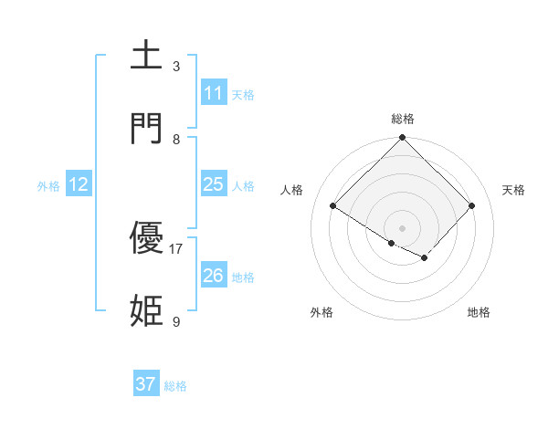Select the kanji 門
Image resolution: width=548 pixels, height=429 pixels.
[x=147, y=128]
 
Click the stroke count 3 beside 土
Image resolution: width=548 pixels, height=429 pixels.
[x=176, y=67]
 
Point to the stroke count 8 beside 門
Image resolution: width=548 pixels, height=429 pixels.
[x=176, y=139]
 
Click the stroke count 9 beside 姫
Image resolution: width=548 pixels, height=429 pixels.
[x=176, y=321]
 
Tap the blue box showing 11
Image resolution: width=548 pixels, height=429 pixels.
[x=213, y=93]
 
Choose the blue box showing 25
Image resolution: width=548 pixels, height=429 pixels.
[x=213, y=184]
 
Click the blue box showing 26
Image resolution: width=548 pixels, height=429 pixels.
[x=213, y=275]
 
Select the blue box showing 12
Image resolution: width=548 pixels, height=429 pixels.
[x=79, y=184]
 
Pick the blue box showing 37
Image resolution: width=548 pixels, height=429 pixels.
[x=146, y=384]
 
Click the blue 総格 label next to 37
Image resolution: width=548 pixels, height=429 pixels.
[x=175, y=386]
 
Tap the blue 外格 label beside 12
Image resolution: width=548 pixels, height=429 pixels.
[x=48, y=186]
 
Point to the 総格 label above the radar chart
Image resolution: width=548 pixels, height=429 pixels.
[x=403, y=119]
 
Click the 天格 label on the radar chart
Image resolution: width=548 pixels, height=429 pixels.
[x=514, y=190]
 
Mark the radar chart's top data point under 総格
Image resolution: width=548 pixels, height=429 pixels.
[x=403, y=139]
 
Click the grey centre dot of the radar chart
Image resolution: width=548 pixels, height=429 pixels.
[x=403, y=227]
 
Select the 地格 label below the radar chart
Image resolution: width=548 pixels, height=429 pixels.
[x=479, y=312]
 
